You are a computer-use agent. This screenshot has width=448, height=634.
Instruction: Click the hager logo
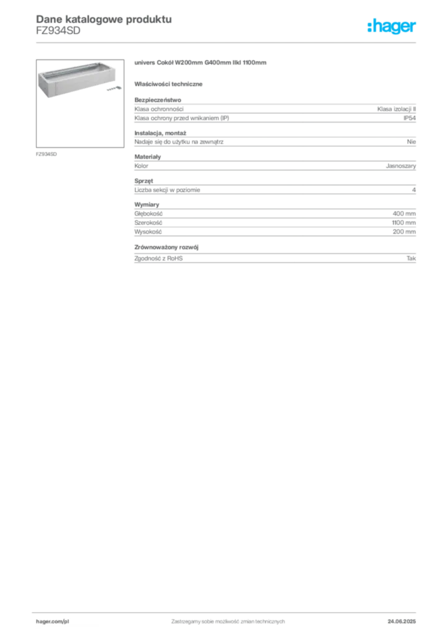point(391,27)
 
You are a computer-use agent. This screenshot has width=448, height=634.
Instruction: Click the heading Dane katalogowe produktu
point(104,19)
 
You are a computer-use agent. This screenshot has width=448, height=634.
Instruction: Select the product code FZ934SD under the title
point(58,31)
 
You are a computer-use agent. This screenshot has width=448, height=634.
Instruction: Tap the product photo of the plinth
point(80,103)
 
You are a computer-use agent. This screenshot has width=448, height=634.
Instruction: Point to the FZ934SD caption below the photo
point(46,154)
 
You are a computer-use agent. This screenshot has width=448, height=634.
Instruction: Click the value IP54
point(409,118)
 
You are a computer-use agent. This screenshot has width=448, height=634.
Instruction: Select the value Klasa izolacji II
point(396,109)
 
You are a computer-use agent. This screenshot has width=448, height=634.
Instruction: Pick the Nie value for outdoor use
point(411,142)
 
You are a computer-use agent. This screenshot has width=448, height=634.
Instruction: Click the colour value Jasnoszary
point(401,166)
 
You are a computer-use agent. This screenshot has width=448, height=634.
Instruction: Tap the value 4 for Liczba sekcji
point(414,190)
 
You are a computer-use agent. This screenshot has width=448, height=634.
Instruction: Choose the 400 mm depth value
point(404,214)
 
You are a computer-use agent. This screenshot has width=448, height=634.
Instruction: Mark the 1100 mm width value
point(403,223)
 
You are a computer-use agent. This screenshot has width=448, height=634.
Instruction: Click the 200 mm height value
point(404,232)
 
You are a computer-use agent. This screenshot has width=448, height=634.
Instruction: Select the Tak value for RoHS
point(411,258)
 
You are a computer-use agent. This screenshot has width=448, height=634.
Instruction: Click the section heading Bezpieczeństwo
point(158,100)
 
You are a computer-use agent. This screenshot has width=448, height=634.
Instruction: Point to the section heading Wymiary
point(147,204)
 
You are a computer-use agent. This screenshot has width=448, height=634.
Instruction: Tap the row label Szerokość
point(149,223)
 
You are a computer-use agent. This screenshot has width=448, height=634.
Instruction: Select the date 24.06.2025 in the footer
point(402,622)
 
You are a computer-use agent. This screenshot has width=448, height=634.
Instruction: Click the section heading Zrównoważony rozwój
point(166,247)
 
